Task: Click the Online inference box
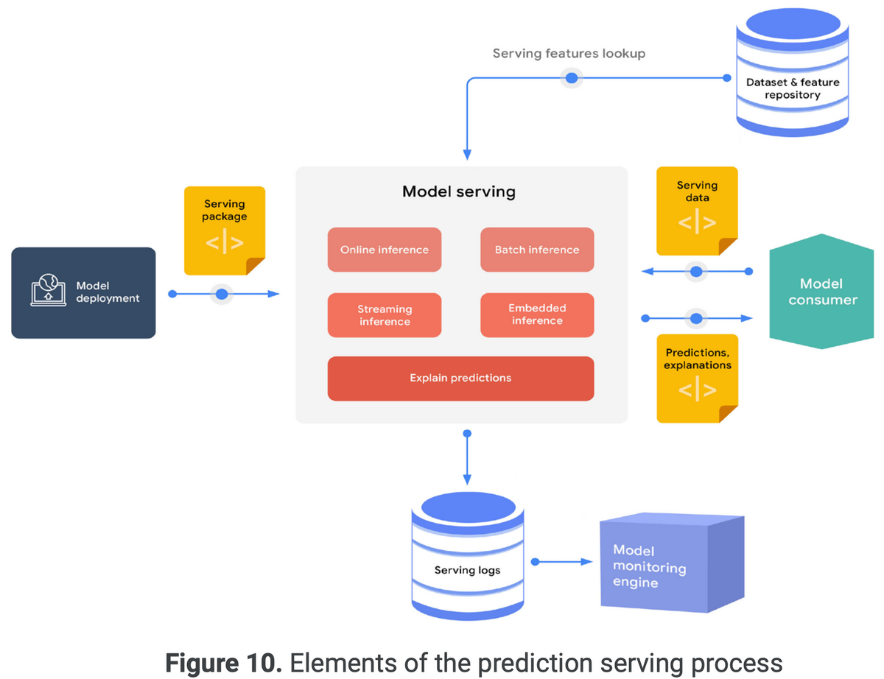pyautogui.click(x=384, y=250)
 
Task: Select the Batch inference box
pyautogui.click(x=537, y=250)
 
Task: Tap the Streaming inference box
pyautogui.click(x=384, y=315)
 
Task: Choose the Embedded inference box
pyautogui.click(x=537, y=314)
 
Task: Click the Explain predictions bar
pyautogui.click(x=460, y=379)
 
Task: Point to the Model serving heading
pyautogui.click(x=459, y=192)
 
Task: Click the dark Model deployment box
pyautogui.click(x=83, y=292)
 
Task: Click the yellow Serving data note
pyautogui.click(x=697, y=210)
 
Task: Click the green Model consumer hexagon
pyautogui.click(x=822, y=292)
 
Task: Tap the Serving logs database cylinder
pyautogui.click(x=466, y=556)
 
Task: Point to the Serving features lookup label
pyautogui.click(x=569, y=54)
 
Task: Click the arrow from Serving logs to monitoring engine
pyautogui.click(x=564, y=562)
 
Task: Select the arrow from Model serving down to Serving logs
pyautogui.click(x=466, y=457)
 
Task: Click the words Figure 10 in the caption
pyautogui.click(x=223, y=663)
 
